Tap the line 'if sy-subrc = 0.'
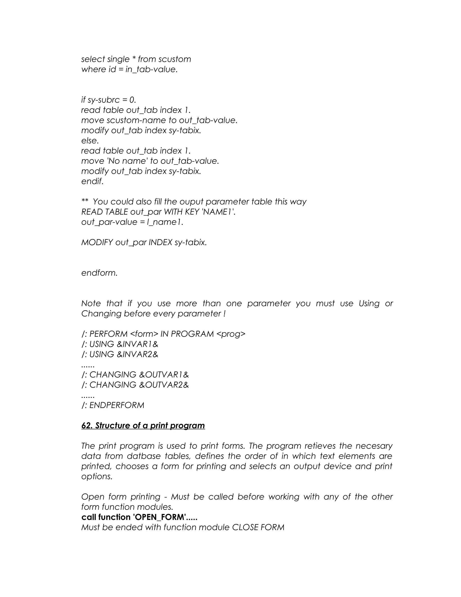(108, 100)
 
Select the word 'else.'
(90, 141)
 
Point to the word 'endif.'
(92, 181)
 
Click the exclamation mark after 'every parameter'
(224, 314)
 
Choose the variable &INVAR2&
(137, 355)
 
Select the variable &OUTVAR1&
(164, 375)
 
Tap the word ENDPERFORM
(117, 405)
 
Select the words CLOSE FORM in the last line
(258, 527)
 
